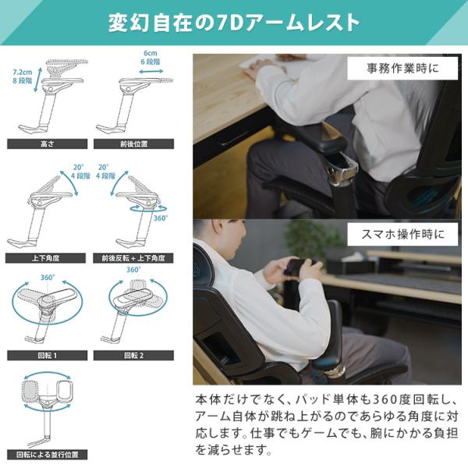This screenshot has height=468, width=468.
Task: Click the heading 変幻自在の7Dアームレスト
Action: [x=234, y=23]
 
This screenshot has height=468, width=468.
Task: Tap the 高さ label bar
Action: [x=47, y=144]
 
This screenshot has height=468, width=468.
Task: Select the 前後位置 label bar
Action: [x=133, y=144]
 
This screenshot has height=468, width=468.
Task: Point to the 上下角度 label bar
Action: [x=45, y=258]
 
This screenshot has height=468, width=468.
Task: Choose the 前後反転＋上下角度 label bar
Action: [x=133, y=258]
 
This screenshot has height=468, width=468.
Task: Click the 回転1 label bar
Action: [x=47, y=356]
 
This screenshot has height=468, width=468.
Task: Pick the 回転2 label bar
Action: [x=133, y=356]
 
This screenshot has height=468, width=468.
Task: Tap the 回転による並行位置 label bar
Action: [x=47, y=455]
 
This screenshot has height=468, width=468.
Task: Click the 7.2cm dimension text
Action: [x=23, y=73]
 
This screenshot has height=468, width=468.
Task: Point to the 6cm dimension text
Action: [x=150, y=53]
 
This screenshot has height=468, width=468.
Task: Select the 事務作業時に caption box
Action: [x=402, y=69]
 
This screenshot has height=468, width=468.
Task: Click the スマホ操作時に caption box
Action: [x=402, y=234]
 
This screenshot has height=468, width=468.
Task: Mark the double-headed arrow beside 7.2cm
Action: [x=37, y=79]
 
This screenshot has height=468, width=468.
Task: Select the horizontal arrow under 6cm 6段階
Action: [x=151, y=71]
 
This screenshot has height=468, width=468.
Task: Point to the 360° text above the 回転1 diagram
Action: [x=48, y=278]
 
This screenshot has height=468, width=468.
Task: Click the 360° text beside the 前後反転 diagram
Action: [x=161, y=218]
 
